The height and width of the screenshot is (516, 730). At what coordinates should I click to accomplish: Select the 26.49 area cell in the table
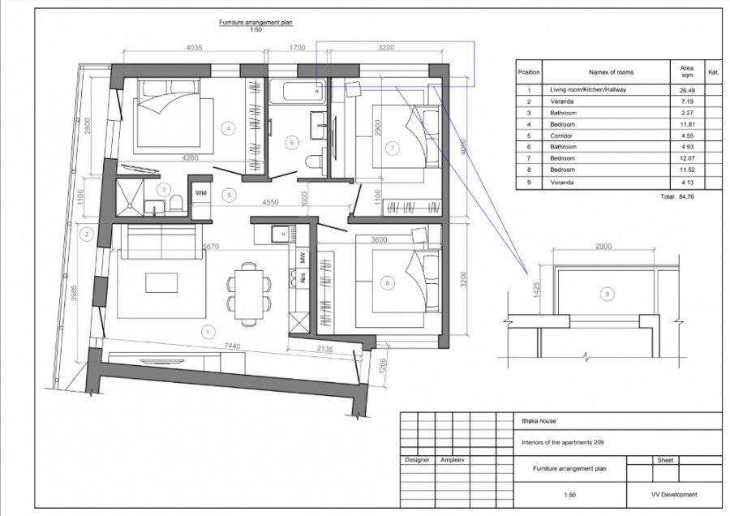pos(687,90)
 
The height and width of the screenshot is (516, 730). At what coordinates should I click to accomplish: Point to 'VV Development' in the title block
pos(674,495)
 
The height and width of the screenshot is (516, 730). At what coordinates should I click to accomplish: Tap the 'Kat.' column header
pos(714,72)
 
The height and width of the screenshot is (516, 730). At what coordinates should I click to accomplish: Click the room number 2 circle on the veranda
pos(85,234)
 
